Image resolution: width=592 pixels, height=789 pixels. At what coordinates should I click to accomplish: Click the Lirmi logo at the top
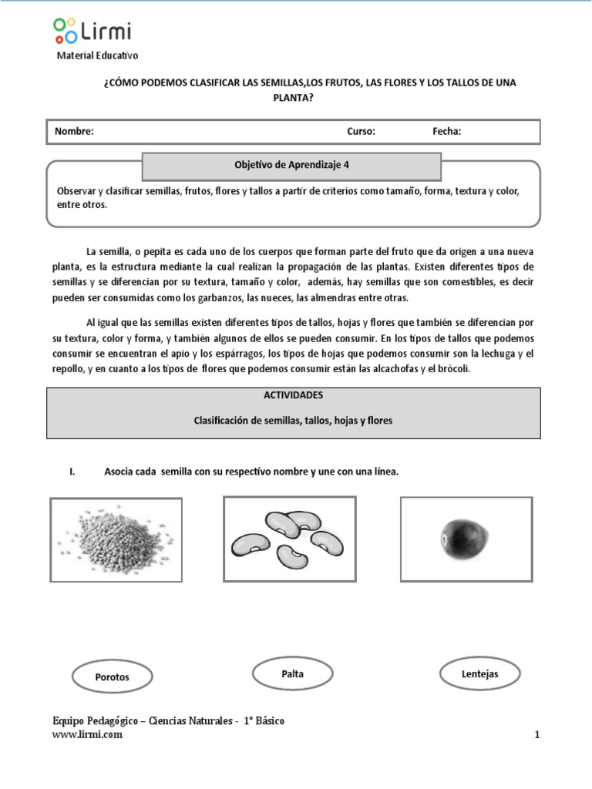92,31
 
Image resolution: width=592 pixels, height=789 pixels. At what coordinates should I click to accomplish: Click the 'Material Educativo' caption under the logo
98,55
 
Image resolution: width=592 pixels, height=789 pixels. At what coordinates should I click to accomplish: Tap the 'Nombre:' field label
74,131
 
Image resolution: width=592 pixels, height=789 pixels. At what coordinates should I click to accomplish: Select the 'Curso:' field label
361,131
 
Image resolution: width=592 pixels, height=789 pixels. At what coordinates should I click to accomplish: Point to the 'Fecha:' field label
447,131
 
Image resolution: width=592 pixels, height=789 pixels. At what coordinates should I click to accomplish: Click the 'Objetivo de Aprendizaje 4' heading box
292,165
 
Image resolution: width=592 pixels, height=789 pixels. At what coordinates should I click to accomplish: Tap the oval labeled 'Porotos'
112,677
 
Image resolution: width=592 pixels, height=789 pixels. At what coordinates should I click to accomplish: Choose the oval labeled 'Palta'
293,674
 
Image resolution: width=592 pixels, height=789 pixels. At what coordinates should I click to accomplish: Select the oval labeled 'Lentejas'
479,674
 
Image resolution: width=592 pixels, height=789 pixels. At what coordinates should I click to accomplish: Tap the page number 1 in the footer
536,735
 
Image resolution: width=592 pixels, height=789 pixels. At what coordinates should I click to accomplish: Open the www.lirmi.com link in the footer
87,734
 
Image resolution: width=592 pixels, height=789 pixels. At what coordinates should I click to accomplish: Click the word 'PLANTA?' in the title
293,97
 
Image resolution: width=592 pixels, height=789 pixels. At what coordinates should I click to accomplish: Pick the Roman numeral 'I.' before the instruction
72,472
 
